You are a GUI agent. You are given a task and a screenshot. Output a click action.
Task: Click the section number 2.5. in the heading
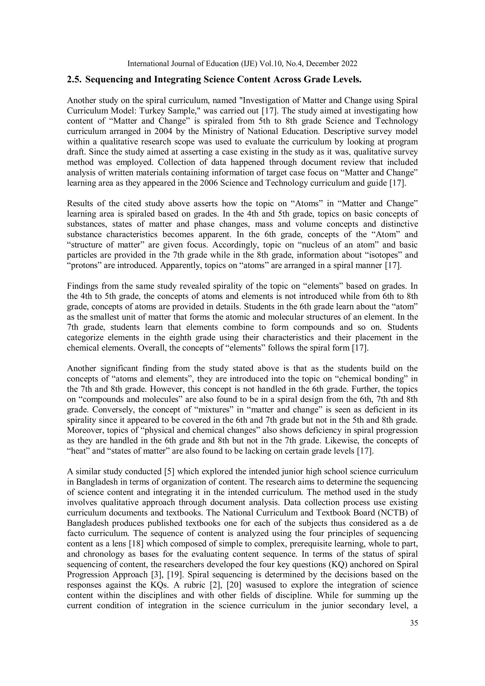coord(74,80)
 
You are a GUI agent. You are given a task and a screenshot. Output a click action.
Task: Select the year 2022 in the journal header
coord(349,64)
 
